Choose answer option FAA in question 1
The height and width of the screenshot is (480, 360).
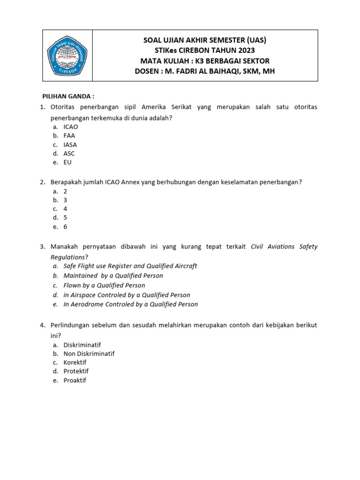point(69,136)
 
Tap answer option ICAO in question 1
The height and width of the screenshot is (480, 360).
point(71,127)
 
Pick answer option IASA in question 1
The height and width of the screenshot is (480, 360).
point(70,145)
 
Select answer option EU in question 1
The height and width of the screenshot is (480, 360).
point(67,163)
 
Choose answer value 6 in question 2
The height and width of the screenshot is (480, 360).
point(66,227)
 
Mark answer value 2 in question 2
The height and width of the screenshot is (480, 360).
point(66,191)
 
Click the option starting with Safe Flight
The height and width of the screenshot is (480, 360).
point(130,266)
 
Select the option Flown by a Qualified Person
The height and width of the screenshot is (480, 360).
point(105,285)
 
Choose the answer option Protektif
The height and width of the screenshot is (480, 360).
point(76,371)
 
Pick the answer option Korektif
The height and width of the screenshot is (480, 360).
point(75,362)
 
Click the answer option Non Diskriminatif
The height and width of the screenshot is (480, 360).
point(89,353)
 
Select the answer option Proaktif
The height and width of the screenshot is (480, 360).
point(75,380)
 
